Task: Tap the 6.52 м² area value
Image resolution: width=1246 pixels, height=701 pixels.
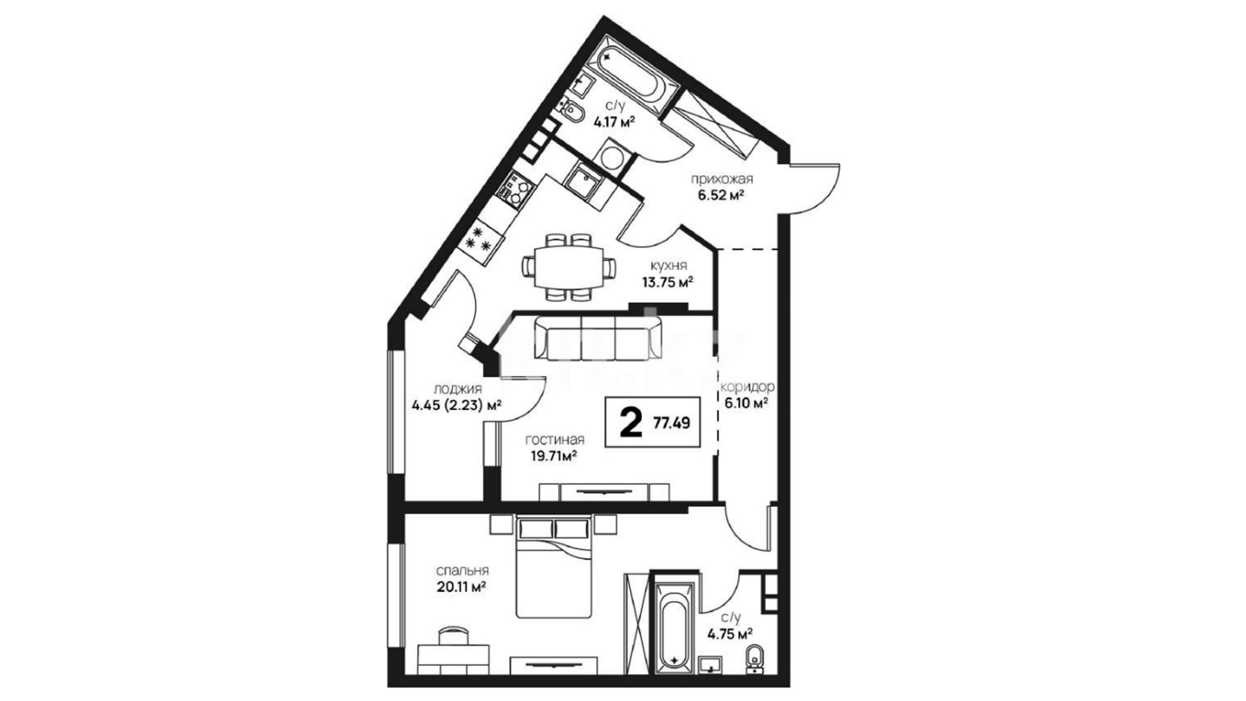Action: point(720,195)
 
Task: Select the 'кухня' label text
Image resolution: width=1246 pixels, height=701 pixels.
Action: point(669,265)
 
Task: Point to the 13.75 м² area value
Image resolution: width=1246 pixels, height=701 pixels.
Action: point(668,282)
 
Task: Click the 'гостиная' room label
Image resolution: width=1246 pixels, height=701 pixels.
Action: point(555,439)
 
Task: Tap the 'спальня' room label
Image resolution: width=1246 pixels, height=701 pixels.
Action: point(462,571)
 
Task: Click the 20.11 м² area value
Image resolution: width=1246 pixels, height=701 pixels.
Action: point(461,587)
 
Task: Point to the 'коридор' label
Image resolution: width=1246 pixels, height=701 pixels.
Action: point(748,387)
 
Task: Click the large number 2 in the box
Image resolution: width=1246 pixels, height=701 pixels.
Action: point(629,423)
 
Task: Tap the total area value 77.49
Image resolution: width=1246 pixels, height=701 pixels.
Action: point(672,423)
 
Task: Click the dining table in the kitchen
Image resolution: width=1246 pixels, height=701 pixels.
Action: point(568,267)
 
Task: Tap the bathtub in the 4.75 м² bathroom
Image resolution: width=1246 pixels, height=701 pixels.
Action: point(674,626)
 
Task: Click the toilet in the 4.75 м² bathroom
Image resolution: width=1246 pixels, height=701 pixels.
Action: point(754,656)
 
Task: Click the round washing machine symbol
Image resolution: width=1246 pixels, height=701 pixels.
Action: point(611,156)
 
